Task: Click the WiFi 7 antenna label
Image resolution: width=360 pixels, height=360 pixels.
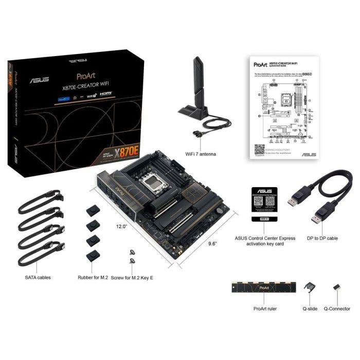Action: pyautogui.click(x=201, y=154)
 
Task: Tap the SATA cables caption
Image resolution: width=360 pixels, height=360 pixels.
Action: pyautogui.click(x=38, y=277)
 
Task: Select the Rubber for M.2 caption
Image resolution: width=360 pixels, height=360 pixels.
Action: pyautogui.click(x=94, y=277)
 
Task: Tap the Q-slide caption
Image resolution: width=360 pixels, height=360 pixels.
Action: pyautogui.click(x=310, y=309)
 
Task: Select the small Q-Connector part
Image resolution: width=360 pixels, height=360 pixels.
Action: pyautogui.click(x=337, y=287)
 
